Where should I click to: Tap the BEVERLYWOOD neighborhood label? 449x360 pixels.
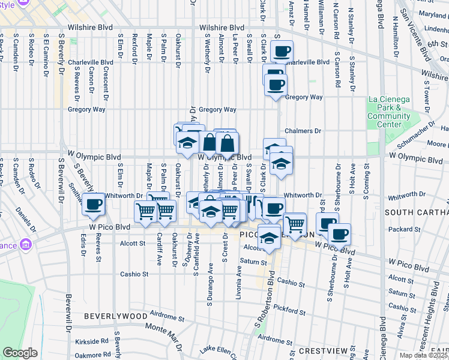(115, 316)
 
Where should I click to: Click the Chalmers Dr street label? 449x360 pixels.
(303, 131)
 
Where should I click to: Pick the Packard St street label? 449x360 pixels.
(402, 229)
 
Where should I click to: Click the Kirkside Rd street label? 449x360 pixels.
(92, 341)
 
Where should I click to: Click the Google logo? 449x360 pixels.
(20, 353)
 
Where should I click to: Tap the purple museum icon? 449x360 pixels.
(25, 245)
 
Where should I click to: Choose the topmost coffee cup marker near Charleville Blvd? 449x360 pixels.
(281, 51)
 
